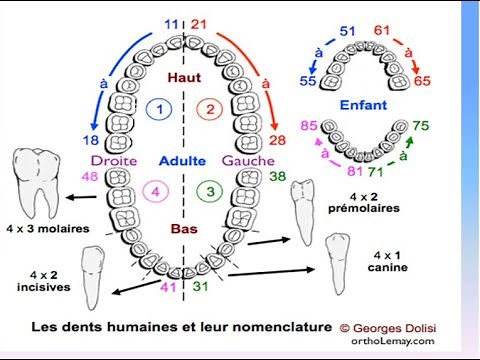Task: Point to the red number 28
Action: [x=278, y=140]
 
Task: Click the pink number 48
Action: [x=89, y=177]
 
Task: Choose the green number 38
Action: [x=277, y=177]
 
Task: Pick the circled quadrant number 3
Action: [x=209, y=190]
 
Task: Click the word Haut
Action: [x=184, y=77]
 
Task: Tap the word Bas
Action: [x=183, y=228]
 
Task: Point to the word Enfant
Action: [x=364, y=102]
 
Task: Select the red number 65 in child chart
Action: [x=423, y=81]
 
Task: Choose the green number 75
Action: [x=421, y=125]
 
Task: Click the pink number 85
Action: [x=309, y=126]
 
